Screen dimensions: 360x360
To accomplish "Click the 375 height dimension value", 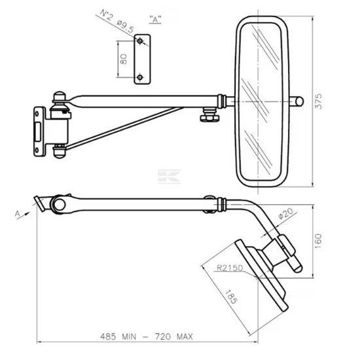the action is point(319,101).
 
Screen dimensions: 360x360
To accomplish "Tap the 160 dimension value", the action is point(319,241).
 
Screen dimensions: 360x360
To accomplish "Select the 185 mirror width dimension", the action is point(231,297).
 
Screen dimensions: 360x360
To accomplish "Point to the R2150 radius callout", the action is point(230,268).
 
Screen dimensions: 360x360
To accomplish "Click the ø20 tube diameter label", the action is point(285,213).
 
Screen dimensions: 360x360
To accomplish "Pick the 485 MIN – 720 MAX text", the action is point(147,336).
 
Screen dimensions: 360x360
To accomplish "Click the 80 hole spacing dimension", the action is point(123,59).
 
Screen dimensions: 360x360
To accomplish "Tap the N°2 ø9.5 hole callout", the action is point(117,21).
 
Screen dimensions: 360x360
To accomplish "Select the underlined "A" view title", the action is point(155,19).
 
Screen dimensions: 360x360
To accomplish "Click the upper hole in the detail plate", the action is point(140,41).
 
